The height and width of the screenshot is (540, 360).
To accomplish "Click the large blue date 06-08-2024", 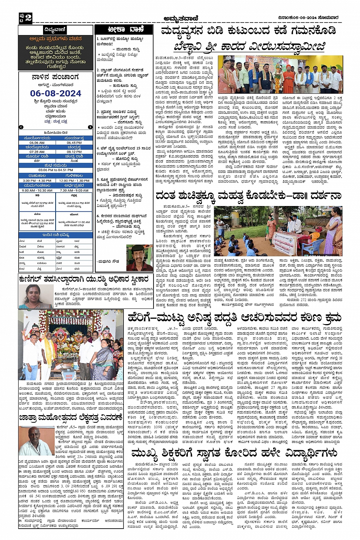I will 56,93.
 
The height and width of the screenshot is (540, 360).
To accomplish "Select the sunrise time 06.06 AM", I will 37,142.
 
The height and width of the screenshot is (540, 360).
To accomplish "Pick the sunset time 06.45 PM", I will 74,142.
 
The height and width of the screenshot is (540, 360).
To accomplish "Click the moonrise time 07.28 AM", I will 37,152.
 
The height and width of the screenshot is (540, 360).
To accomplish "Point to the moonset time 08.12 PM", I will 74,152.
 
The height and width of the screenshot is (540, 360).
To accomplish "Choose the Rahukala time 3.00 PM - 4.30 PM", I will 37,181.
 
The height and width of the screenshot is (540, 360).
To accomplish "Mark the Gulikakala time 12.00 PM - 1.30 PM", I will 74,181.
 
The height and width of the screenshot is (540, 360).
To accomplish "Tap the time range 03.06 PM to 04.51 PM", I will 56,170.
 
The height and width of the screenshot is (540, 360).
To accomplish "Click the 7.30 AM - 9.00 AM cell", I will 74,190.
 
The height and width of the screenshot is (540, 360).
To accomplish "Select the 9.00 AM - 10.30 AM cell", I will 37,190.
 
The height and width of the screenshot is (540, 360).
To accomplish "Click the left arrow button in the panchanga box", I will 21,127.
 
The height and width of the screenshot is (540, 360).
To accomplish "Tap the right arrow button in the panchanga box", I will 90,127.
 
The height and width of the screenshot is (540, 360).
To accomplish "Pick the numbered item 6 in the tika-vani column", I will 98,216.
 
